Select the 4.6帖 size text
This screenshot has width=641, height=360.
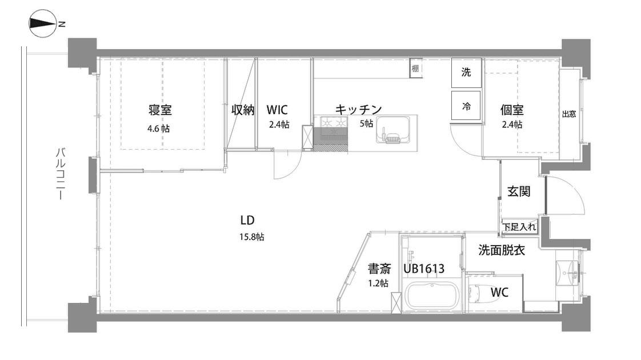158,128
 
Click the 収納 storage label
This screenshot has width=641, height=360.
243,110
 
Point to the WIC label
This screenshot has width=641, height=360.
277,109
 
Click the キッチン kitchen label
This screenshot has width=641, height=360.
358,109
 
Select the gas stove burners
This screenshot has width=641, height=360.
334,122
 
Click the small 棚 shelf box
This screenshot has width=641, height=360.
415,69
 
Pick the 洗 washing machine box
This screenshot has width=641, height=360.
466,73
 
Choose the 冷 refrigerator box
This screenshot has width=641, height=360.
466,106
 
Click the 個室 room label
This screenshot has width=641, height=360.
512,110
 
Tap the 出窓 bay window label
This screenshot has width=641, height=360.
569,114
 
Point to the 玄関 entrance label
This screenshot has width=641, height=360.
519,191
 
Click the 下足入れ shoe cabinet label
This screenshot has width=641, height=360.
519,227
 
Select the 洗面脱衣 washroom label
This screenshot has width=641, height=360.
502,250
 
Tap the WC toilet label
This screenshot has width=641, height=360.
499,292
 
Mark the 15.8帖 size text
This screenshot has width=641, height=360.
251,237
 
